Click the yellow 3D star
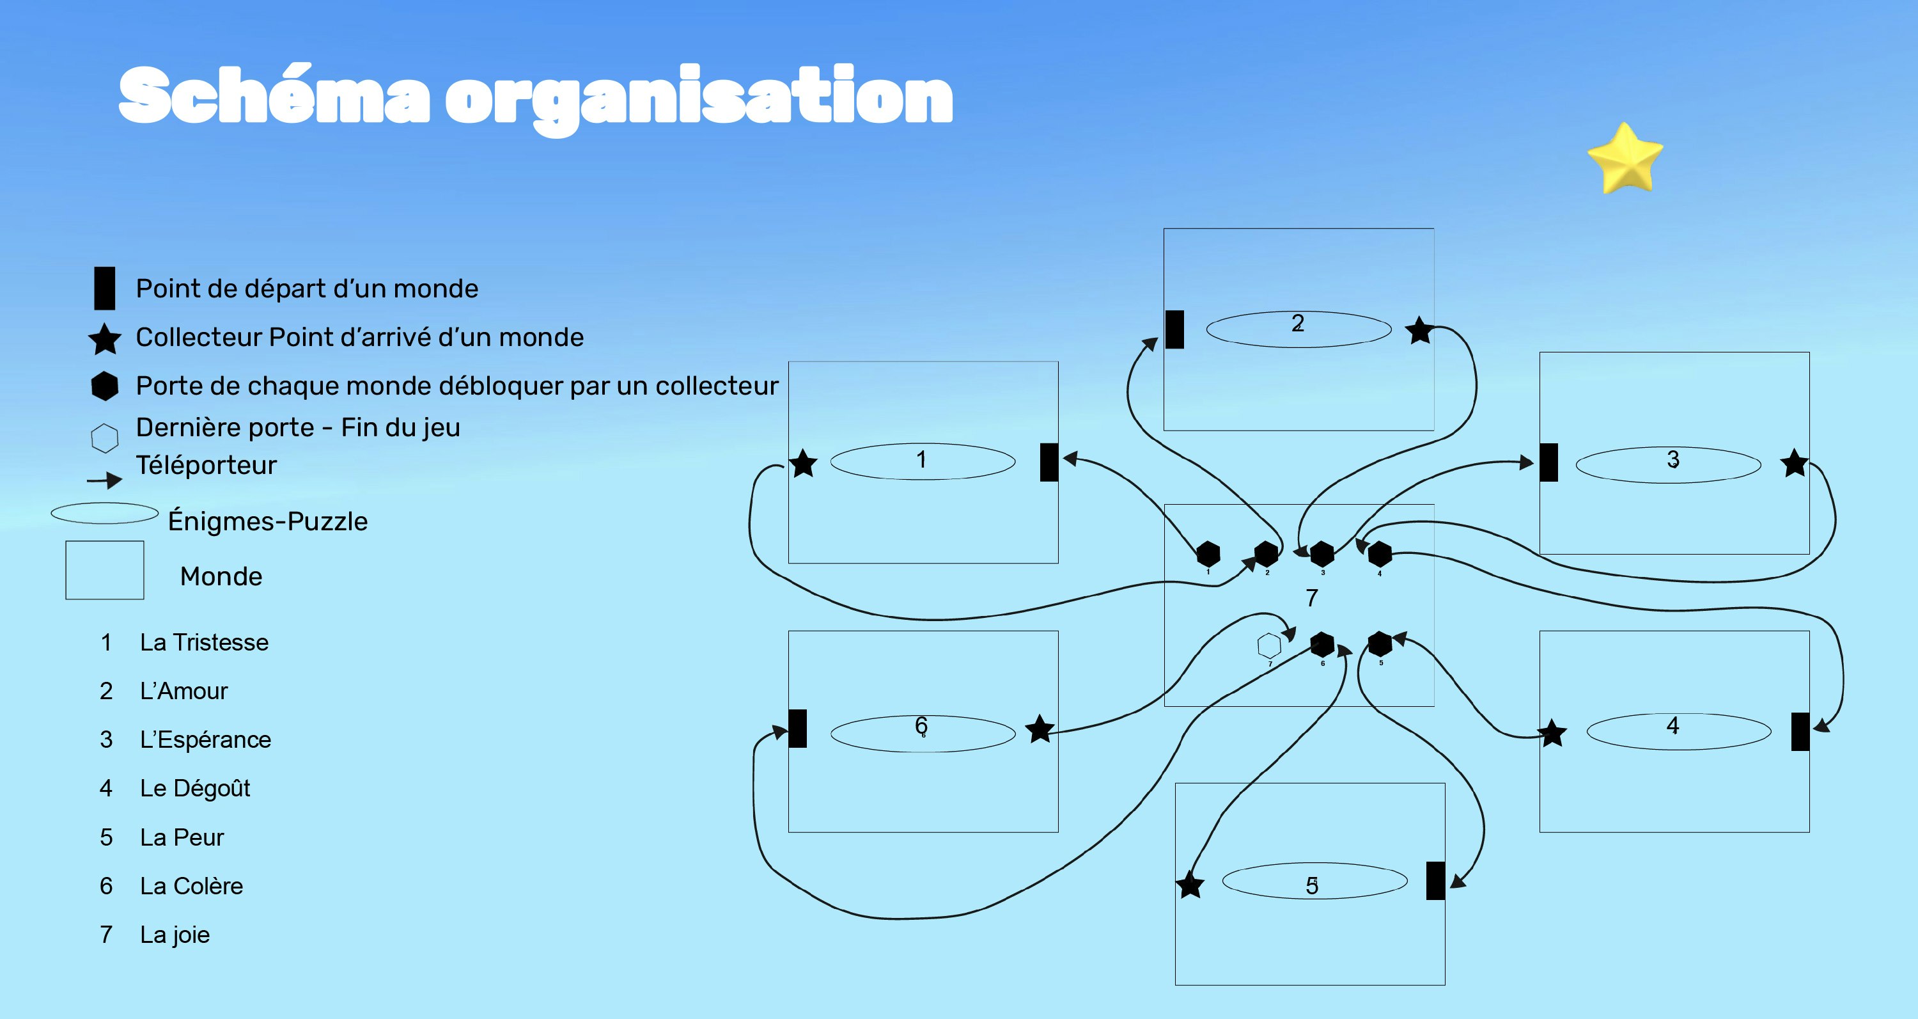[x=1625, y=159]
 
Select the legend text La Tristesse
[x=204, y=642]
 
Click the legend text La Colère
[x=191, y=886]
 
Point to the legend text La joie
[x=175, y=934]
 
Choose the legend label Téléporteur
[x=207, y=465]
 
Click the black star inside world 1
[x=804, y=463]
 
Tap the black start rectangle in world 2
[x=1175, y=329]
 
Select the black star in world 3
[x=1795, y=463]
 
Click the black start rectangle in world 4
[x=1800, y=732]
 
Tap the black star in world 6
[x=1040, y=729]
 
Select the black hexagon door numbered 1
[x=1208, y=553]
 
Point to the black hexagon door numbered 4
[x=1380, y=553]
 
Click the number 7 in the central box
[x=1312, y=597]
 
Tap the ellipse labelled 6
[x=923, y=733]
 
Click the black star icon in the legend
[x=105, y=339]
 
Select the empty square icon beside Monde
[x=105, y=570]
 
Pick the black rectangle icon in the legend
[x=104, y=288]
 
